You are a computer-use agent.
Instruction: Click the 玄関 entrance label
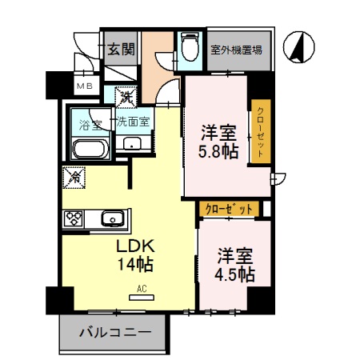pyautogui.click(x=121, y=49)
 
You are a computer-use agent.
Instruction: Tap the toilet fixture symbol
pyautogui.click(x=190, y=47)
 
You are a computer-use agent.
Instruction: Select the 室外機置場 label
pyautogui.click(x=237, y=50)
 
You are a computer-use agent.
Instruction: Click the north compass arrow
pyautogui.click(x=298, y=47)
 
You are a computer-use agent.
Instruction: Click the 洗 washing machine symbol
pyautogui.click(x=126, y=98)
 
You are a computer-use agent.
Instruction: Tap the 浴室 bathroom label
pyautogui.click(x=90, y=124)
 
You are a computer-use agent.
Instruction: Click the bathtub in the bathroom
pyautogui.click(x=90, y=149)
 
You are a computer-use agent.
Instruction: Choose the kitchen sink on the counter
pyautogui.click(x=112, y=218)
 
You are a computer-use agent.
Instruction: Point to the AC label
pyautogui.click(x=141, y=288)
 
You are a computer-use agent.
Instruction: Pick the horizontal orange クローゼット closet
pyautogui.click(x=229, y=209)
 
